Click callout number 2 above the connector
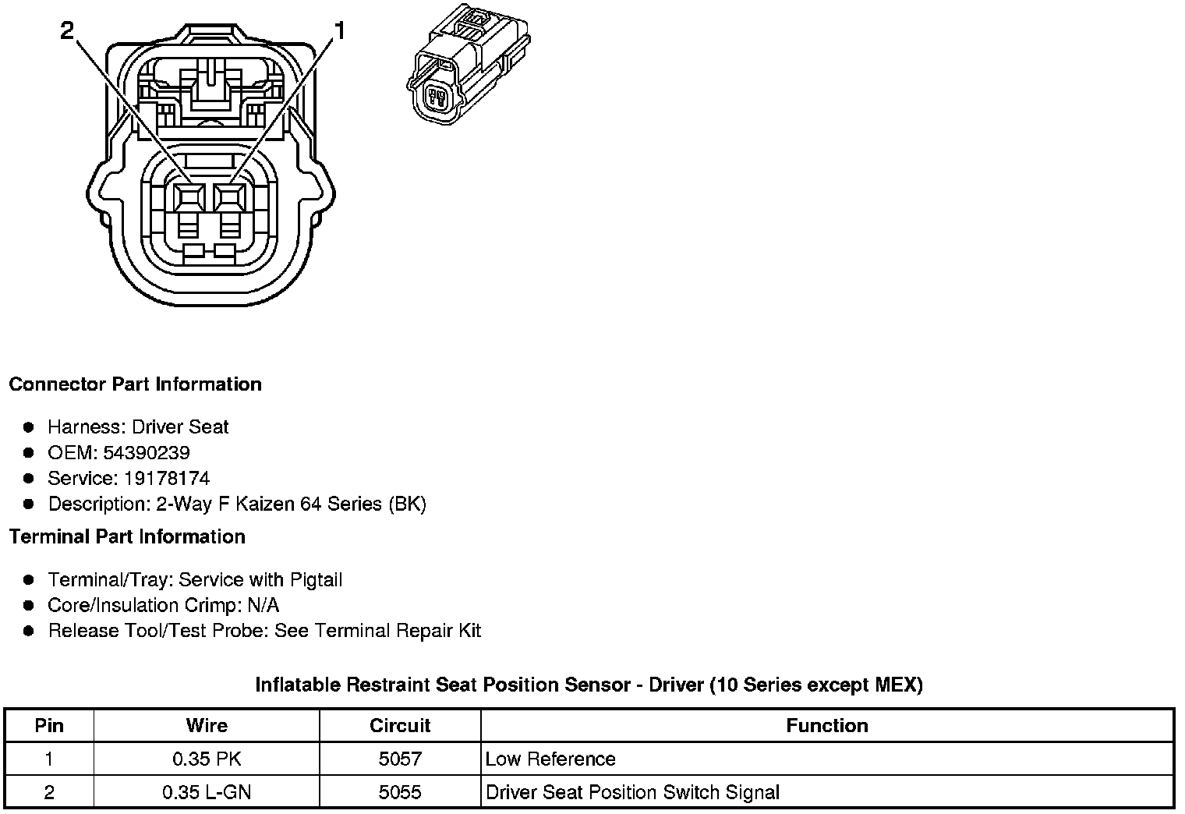(x=67, y=30)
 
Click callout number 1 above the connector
(x=338, y=30)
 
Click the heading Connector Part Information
(x=135, y=384)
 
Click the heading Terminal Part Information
(x=127, y=537)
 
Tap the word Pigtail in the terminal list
(x=316, y=580)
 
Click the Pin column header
(x=49, y=726)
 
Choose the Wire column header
(x=207, y=726)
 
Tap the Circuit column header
(x=400, y=726)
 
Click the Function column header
(x=826, y=726)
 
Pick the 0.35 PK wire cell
(x=207, y=759)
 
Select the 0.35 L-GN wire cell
(x=207, y=793)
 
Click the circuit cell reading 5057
(x=400, y=759)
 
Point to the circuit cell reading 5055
(x=400, y=793)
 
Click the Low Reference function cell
(x=550, y=759)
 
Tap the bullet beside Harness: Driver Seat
(x=29, y=427)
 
